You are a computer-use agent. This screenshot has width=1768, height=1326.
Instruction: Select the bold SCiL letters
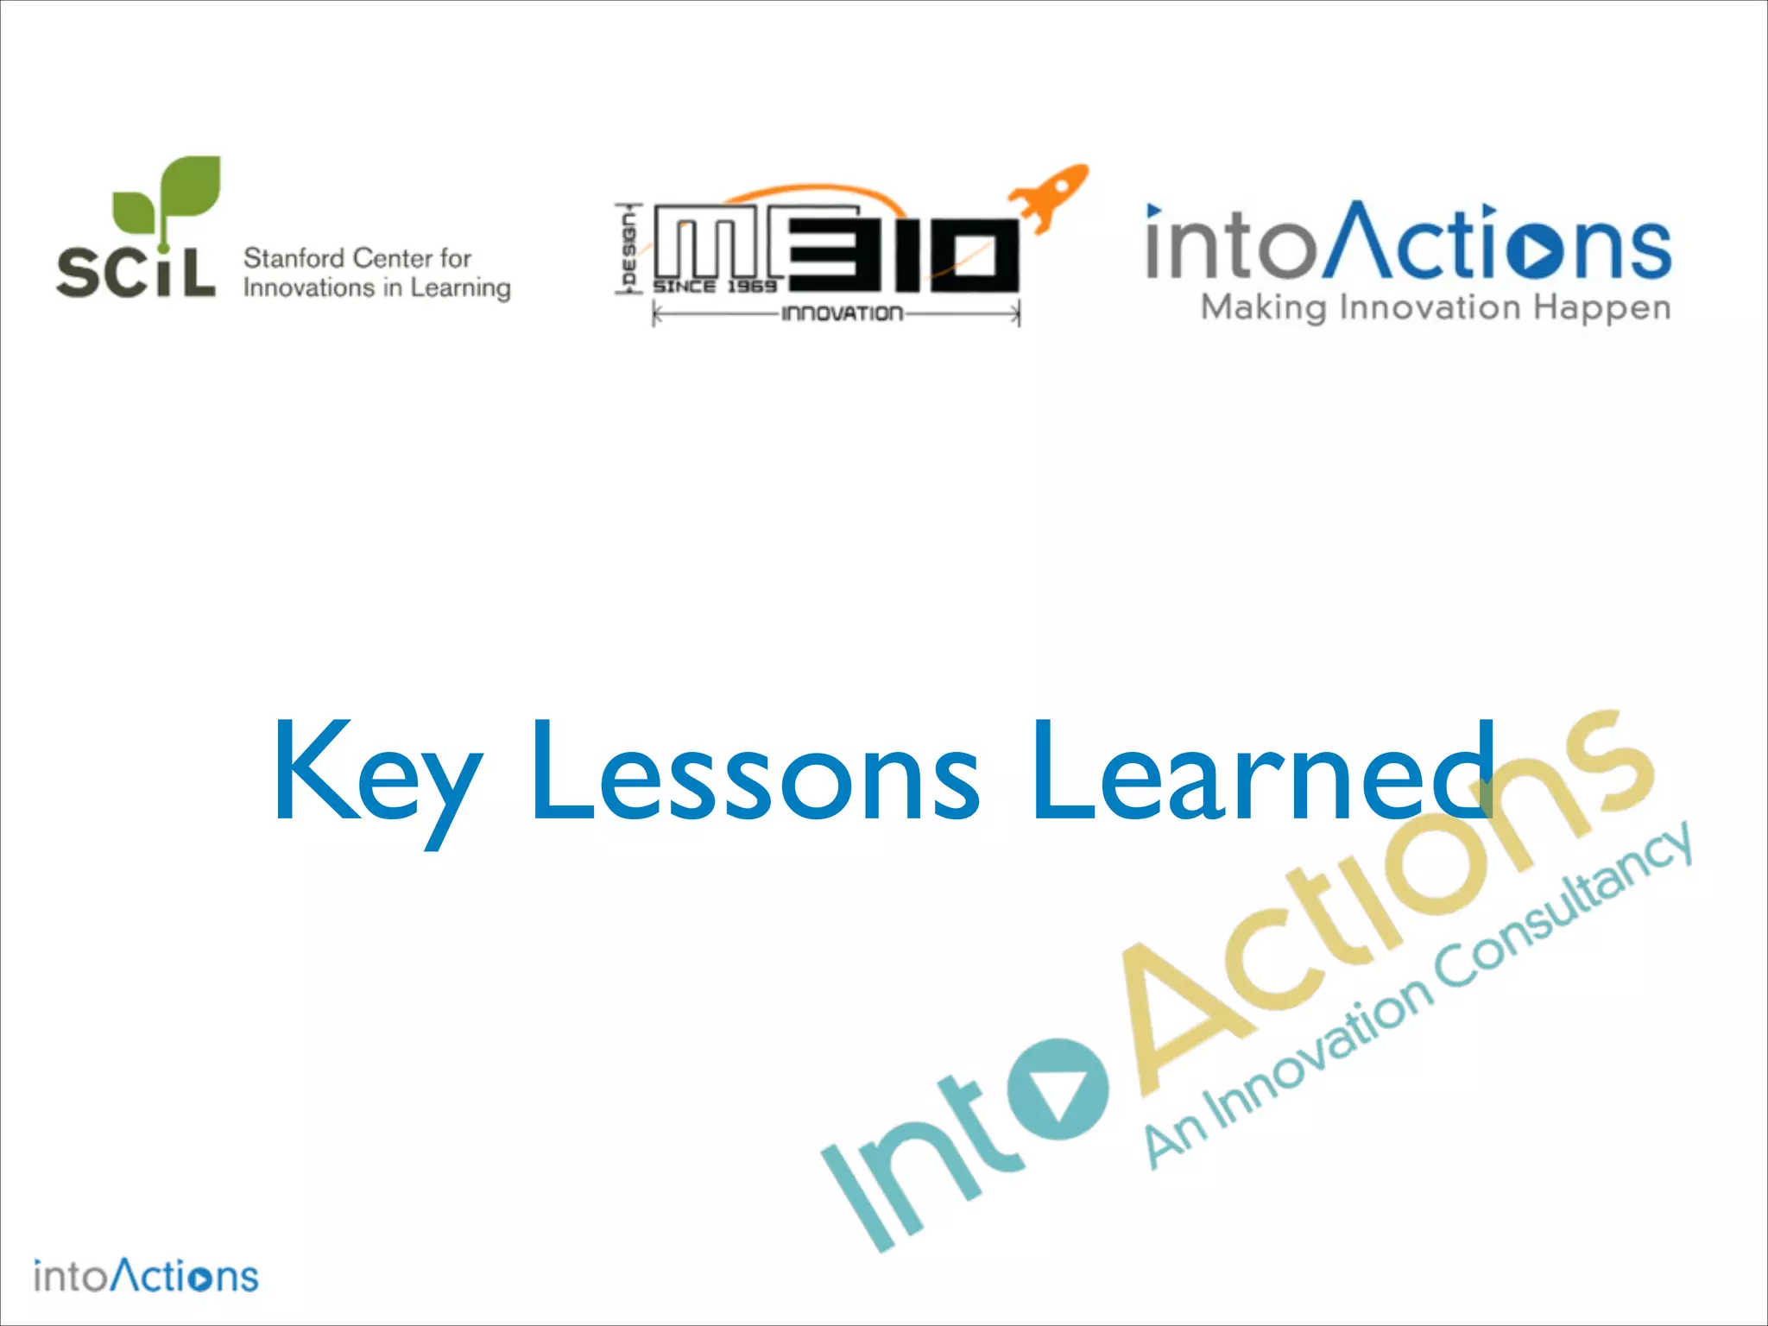click(x=136, y=272)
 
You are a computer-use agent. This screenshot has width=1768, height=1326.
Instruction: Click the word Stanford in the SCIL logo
click(x=294, y=257)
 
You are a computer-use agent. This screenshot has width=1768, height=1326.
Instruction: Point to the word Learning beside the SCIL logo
click(x=460, y=288)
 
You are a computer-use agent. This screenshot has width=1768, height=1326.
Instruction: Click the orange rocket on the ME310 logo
click(x=1051, y=196)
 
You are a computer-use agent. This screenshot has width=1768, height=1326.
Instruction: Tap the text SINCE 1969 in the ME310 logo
click(x=715, y=287)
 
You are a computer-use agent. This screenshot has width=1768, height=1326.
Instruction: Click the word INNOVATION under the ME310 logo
click(x=842, y=313)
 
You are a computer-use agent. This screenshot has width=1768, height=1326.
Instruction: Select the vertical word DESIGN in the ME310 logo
click(x=628, y=249)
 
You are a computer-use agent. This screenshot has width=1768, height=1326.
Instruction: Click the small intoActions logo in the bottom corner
click(x=146, y=1275)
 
